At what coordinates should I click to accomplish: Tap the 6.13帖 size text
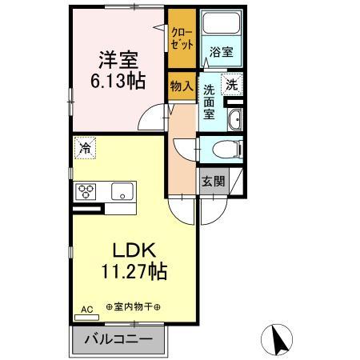[118, 81]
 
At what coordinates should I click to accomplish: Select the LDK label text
[134, 250]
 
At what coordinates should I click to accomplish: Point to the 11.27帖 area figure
[134, 271]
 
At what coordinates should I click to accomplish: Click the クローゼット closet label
[182, 38]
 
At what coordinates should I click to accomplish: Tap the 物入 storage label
[182, 86]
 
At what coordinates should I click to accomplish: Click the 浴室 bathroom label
[222, 52]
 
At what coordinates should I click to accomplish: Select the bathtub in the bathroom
[221, 22]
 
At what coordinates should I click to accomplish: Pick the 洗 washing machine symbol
[232, 85]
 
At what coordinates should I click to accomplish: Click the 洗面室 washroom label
[210, 102]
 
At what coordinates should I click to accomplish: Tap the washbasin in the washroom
[235, 120]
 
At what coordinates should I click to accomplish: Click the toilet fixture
[228, 149]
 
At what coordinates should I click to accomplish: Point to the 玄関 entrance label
[214, 182]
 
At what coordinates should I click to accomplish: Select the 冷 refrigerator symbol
[85, 148]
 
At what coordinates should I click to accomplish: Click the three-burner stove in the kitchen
[86, 192]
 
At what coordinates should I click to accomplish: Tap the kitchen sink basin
[122, 191]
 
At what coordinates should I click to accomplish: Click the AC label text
[87, 310]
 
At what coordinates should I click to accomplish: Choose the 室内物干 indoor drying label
[134, 307]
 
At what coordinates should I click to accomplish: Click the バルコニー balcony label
[118, 339]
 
